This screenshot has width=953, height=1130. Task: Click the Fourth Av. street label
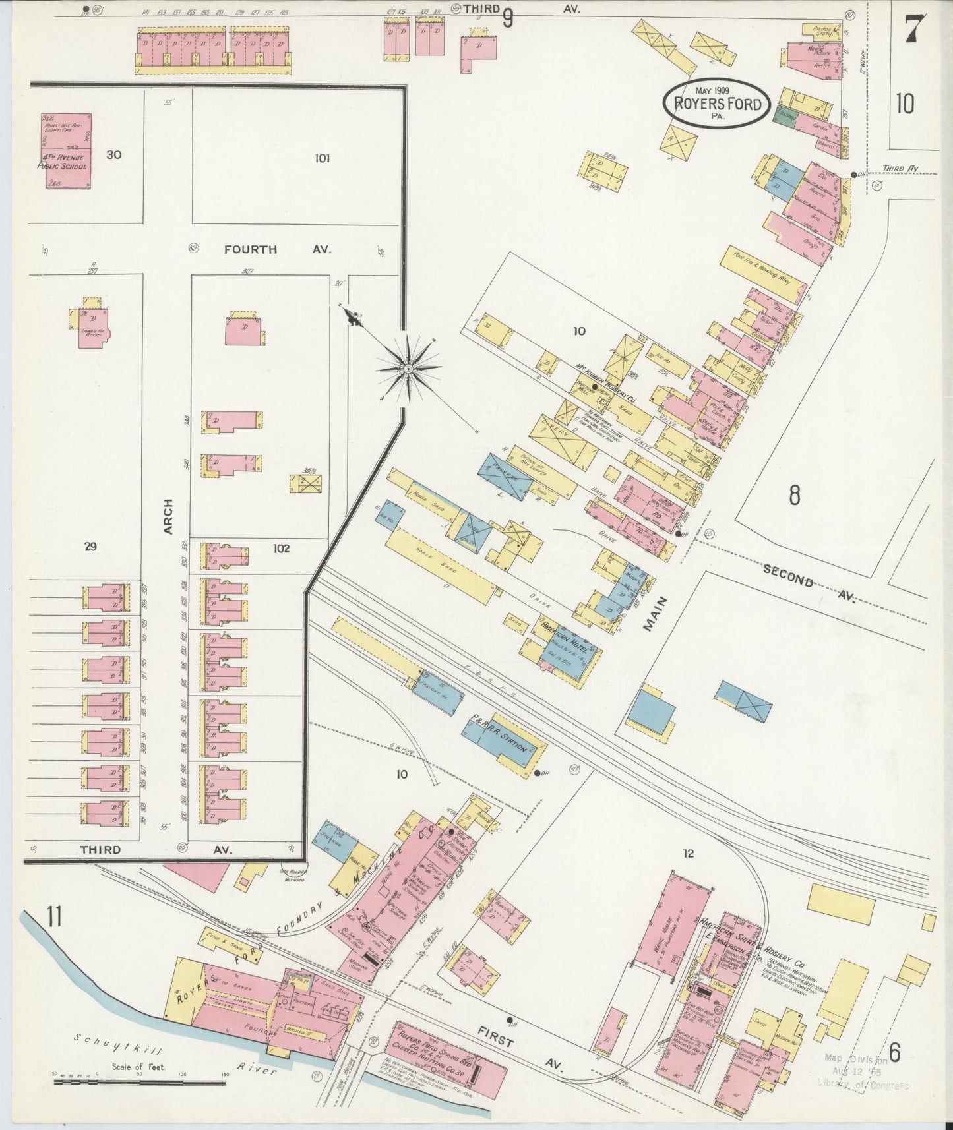click(x=277, y=249)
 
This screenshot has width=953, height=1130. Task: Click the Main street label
click(x=656, y=614)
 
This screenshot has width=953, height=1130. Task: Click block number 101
click(x=322, y=158)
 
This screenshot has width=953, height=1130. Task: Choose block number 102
click(x=282, y=547)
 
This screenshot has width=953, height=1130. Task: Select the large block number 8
click(x=794, y=494)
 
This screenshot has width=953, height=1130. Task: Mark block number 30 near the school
click(x=113, y=155)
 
